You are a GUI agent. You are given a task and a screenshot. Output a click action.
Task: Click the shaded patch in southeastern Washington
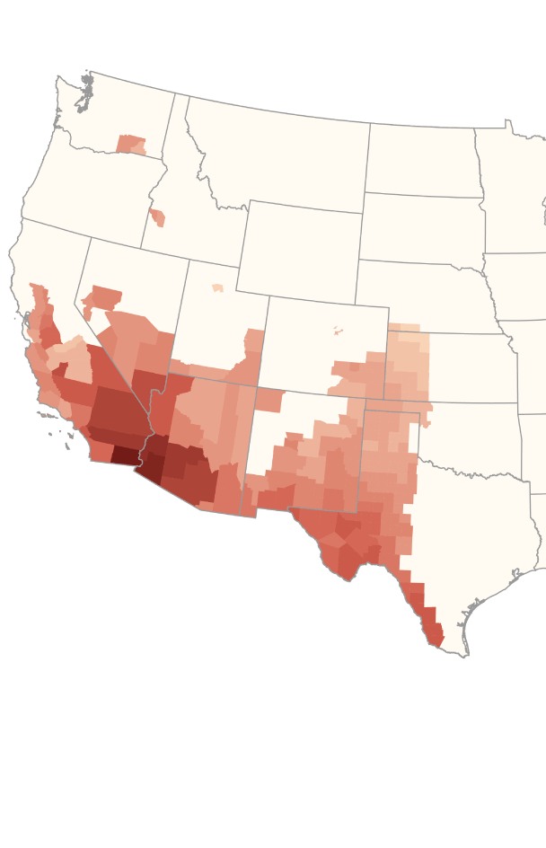131,144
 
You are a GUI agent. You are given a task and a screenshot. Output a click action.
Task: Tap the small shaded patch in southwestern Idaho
157,217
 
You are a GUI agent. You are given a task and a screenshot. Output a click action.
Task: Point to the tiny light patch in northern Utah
217,288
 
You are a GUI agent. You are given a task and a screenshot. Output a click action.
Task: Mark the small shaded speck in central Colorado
339,331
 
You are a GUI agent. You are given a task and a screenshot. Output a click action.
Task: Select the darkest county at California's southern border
123,455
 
